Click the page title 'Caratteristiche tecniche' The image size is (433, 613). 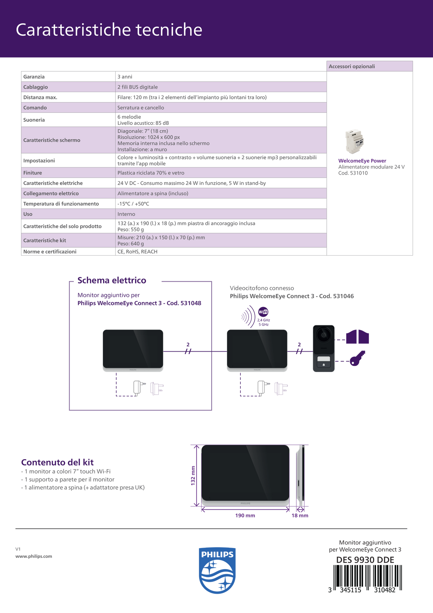109,30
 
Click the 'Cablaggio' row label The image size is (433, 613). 35,87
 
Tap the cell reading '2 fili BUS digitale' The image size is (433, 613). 137,87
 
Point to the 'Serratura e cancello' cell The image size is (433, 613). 141,108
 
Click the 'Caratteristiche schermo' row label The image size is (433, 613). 52,140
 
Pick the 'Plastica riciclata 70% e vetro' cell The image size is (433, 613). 151,173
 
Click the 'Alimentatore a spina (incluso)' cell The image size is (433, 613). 153,194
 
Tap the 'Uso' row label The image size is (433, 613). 28,214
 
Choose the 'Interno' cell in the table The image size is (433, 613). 126,214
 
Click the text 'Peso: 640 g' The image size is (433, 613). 131,244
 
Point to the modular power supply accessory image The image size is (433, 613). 355,141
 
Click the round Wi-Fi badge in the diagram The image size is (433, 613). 263,312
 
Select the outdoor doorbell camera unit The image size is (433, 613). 324,348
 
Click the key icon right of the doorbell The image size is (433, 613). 357,358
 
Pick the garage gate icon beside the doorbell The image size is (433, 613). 357,337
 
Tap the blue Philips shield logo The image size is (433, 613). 217,570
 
